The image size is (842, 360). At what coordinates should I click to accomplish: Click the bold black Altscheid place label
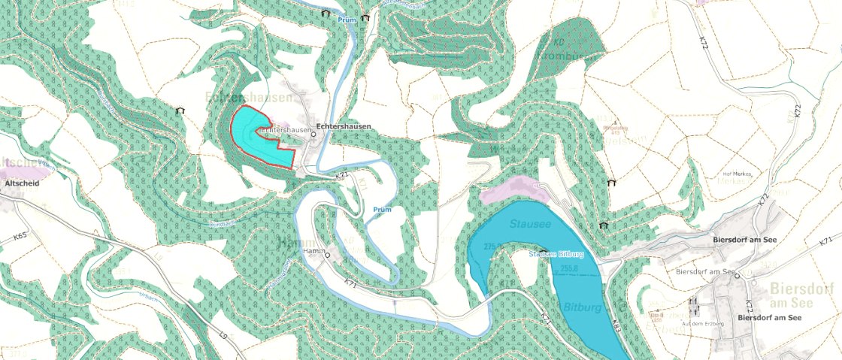click(17, 183)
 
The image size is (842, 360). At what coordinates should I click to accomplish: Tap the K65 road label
click(20, 236)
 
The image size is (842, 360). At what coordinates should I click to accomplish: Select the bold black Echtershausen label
click(344, 127)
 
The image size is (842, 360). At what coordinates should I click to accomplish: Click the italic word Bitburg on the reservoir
click(580, 307)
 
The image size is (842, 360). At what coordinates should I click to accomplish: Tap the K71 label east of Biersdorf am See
click(826, 241)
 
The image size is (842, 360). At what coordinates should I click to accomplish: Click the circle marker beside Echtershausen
click(313, 135)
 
